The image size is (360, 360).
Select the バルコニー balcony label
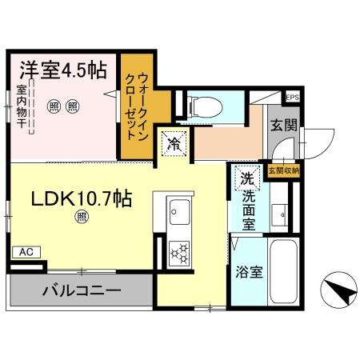(81, 290)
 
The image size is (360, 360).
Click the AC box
(26, 252)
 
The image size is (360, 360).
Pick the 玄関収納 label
(283, 170)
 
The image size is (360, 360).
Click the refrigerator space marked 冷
(174, 144)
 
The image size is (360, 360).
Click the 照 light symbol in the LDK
(82, 216)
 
